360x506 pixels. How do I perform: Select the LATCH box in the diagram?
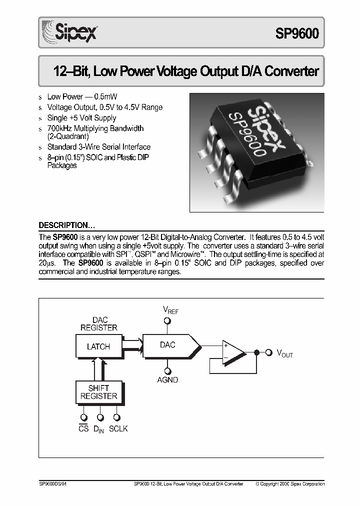point(98,346)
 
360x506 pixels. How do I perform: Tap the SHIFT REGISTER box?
point(98,391)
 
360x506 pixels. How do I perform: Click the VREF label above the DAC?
point(170,310)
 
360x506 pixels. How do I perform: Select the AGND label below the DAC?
point(167,380)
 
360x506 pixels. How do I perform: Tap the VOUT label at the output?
point(285,353)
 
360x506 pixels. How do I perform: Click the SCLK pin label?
point(118,429)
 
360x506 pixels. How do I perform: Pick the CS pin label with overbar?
point(83,429)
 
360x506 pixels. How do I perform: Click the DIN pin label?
point(98,429)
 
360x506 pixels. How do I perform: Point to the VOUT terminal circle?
point(268,352)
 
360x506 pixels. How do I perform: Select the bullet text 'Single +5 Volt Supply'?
point(81,118)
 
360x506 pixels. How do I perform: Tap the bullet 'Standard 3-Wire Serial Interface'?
point(98,147)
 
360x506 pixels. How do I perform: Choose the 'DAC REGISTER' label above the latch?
point(98,323)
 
